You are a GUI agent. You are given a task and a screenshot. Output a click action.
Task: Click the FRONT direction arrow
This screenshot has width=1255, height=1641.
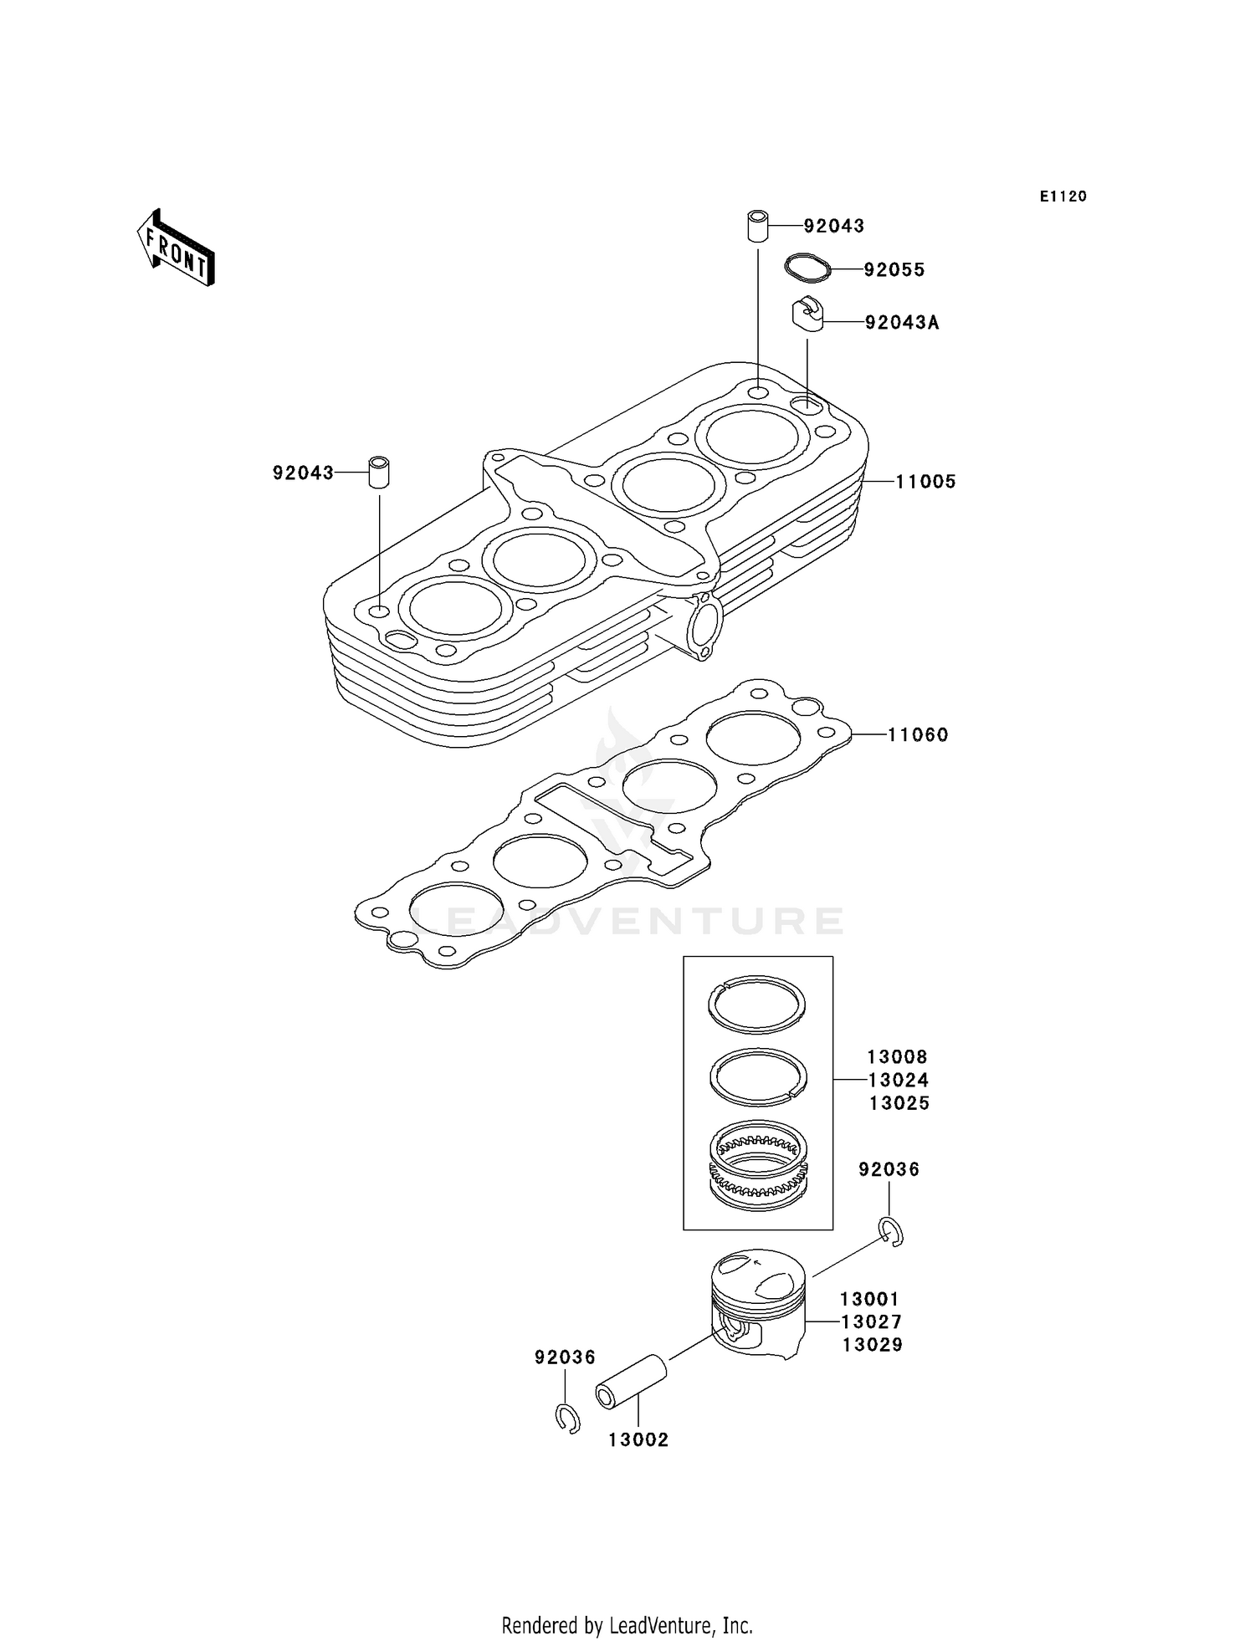(177, 248)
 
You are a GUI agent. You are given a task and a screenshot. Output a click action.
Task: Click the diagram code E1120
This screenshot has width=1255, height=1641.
(1063, 197)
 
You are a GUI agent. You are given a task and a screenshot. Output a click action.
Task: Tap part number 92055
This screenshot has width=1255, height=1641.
(894, 270)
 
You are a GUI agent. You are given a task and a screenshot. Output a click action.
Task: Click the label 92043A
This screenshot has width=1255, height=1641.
(901, 323)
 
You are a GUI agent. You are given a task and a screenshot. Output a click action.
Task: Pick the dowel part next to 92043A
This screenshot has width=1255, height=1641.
(807, 314)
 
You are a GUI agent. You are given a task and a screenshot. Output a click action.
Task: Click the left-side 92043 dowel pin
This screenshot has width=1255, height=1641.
(380, 473)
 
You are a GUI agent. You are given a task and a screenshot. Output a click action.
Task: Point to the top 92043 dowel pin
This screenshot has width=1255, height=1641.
(758, 227)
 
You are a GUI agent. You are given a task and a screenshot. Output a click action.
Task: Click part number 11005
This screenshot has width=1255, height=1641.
(925, 482)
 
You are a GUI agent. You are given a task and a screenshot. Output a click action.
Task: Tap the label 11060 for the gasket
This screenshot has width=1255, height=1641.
(917, 735)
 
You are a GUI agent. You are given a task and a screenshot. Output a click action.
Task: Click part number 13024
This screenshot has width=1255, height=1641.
(898, 1080)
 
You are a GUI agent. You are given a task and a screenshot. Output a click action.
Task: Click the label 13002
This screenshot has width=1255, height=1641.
(638, 1439)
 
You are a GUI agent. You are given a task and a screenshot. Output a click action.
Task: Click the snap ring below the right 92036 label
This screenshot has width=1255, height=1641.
(892, 1232)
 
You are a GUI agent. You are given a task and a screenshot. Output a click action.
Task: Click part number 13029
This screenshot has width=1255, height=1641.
(872, 1345)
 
